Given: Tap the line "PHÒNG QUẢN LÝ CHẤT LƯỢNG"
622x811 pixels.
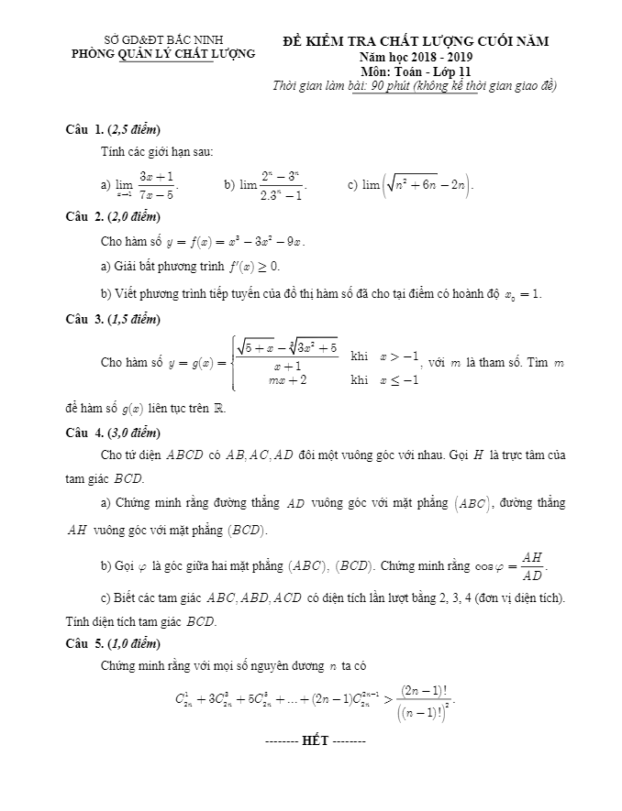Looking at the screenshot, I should tap(163, 56).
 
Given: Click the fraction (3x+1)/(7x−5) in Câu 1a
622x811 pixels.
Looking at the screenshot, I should tap(157, 184).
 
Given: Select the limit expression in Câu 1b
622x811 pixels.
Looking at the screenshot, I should tap(272, 184).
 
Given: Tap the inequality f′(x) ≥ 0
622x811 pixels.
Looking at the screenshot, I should tap(252, 266).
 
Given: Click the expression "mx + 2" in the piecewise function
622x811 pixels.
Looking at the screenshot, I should tap(287, 379).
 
